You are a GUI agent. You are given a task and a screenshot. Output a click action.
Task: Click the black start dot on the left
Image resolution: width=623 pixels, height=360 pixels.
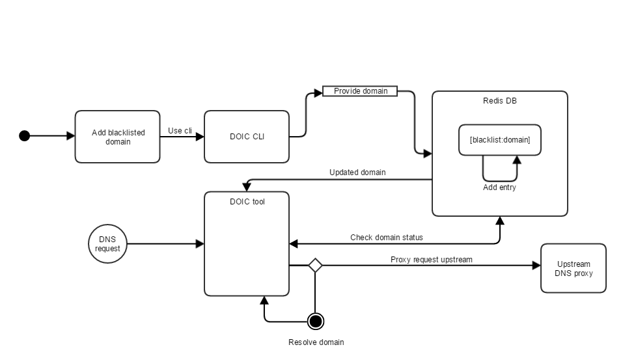click(25, 136)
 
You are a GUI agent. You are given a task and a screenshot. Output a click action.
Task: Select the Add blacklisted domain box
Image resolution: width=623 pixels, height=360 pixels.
click(117, 137)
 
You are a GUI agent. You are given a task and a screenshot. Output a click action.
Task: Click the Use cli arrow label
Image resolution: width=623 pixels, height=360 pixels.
click(180, 131)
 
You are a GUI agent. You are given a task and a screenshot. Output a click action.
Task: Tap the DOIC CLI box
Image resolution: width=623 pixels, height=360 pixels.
click(247, 137)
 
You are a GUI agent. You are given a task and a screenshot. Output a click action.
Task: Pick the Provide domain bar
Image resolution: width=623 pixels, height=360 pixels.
click(360, 91)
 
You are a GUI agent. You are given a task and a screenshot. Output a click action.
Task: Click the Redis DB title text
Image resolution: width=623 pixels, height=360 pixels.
click(499, 101)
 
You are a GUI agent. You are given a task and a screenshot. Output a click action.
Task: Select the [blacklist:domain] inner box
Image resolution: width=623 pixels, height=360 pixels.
click(499, 140)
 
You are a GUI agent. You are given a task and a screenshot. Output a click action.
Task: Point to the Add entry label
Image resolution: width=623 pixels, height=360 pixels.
click(499, 187)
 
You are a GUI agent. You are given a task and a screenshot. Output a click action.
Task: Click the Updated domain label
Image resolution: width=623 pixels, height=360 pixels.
click(357, 173)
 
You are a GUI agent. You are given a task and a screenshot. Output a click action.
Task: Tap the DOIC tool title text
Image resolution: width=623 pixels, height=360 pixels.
click(247, 202)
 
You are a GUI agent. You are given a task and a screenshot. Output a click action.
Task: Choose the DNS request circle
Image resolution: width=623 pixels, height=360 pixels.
click(107, 244)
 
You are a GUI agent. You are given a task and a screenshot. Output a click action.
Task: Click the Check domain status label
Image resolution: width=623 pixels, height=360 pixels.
click(386, 238)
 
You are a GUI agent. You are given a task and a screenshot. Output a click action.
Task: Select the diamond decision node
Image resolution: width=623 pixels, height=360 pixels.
click(315, 265)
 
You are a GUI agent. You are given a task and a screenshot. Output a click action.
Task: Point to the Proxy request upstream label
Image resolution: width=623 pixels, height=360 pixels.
click(431, 260)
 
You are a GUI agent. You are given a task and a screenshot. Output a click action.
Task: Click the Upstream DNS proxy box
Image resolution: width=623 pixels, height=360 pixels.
click(573, 268)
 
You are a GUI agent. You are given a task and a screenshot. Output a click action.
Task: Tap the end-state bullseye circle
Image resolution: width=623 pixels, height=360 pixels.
click(316, 321)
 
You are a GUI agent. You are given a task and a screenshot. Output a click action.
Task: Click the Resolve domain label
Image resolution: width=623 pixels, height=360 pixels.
click(316, 342)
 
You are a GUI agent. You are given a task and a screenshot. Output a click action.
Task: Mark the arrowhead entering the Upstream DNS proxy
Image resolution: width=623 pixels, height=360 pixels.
click(536, 265)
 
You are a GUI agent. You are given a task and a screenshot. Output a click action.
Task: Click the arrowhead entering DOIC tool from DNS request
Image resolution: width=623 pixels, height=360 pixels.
click(200, 244)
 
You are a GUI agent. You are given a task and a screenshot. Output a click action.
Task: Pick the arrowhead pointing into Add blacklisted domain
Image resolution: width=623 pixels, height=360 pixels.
click(71, 136)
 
